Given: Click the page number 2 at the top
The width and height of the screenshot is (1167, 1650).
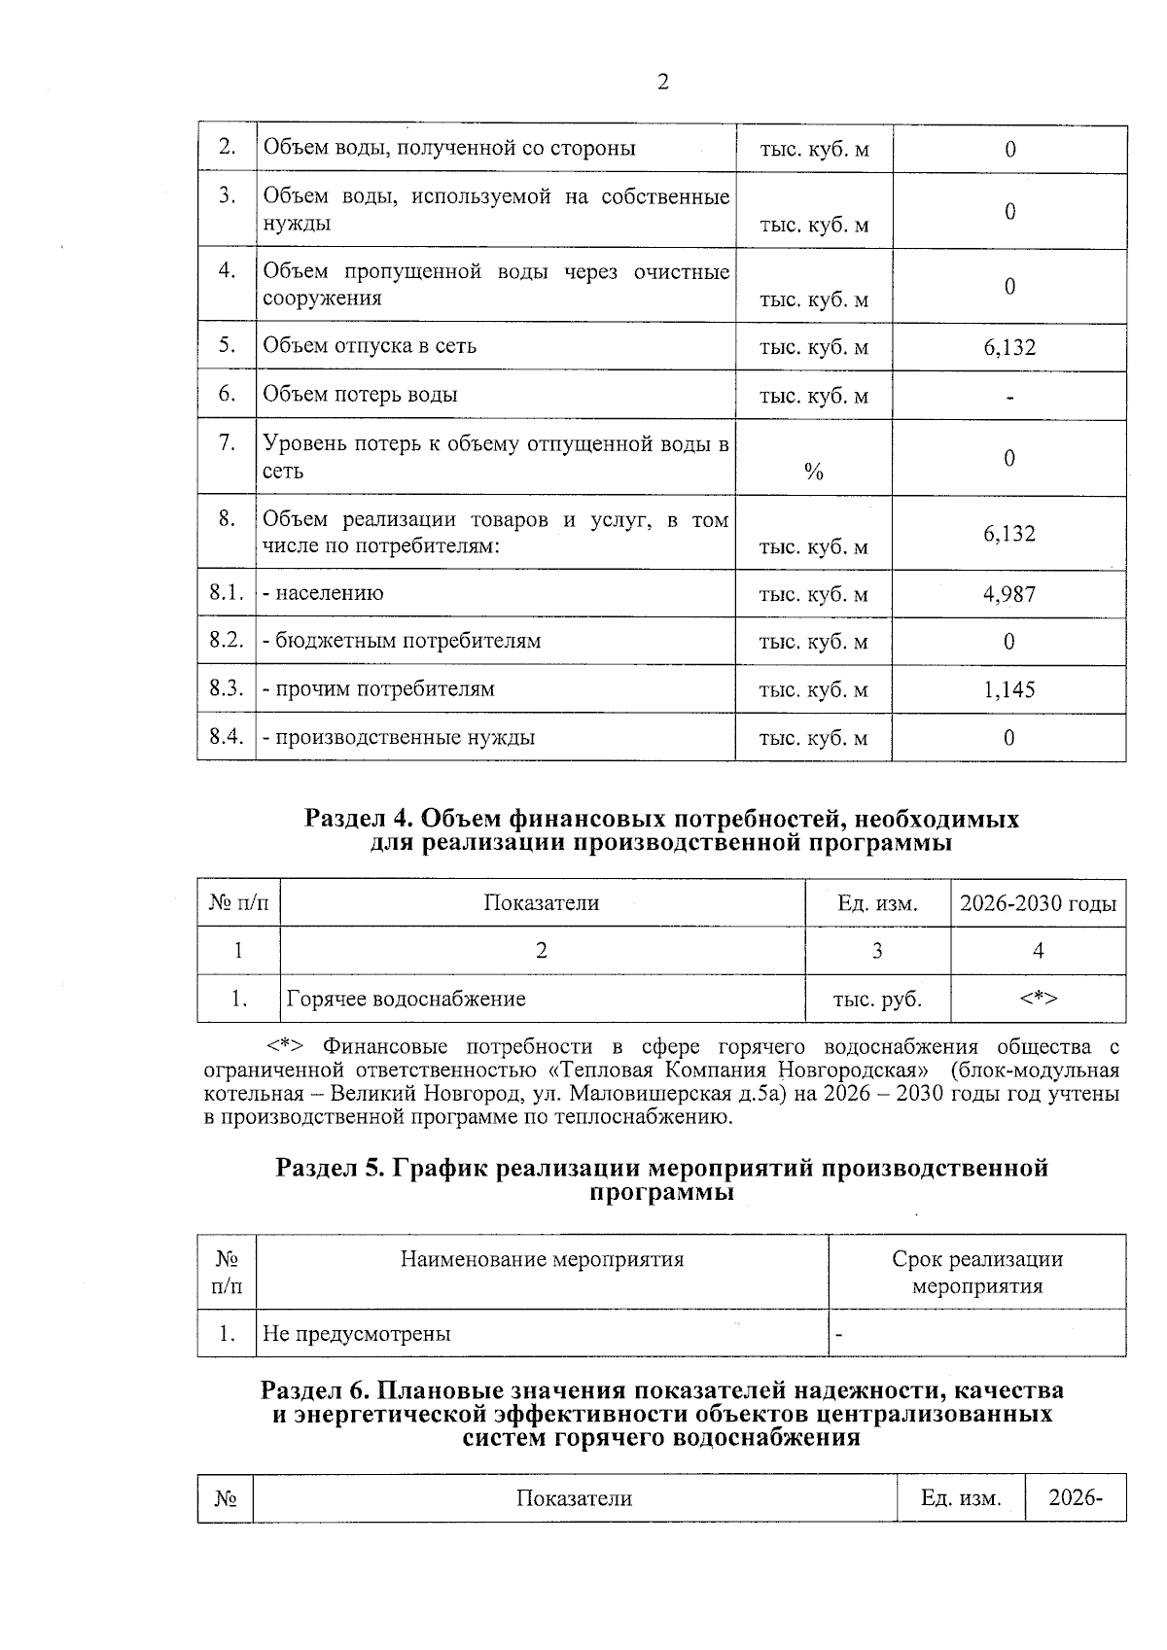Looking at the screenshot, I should point(662,83).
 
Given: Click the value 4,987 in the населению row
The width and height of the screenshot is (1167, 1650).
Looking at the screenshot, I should point(1008,593).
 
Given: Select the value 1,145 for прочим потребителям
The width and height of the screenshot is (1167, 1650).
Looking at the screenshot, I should point(1008,689).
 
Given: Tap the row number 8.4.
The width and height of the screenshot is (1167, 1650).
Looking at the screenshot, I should point(226,736).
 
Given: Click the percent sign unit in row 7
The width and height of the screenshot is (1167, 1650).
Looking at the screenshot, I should point(814,473).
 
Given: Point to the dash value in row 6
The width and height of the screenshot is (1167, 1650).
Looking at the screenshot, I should point(1010,396).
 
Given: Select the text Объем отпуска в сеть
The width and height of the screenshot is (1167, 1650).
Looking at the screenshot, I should point(370,346).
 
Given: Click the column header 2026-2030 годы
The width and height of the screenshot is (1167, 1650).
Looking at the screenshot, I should point(1038,903).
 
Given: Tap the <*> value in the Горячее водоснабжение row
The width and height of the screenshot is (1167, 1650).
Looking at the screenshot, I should point(1038,999).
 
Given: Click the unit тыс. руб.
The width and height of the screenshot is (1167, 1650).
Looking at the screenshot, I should point(877,999).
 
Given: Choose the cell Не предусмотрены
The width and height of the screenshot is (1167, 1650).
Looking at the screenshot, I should point(357,1333).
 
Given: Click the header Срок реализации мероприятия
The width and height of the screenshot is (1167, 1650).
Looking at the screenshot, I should point(976,1272).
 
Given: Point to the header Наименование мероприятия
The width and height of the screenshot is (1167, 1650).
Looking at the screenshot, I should point(542,1259).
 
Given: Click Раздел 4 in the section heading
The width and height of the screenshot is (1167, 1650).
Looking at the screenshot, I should point(356,819).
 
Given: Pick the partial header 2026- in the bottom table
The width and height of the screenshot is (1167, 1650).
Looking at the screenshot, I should point(1075,1497).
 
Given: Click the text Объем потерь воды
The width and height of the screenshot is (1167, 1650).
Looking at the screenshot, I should point(360,395).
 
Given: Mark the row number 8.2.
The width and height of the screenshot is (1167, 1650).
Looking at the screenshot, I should point(226,641).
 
